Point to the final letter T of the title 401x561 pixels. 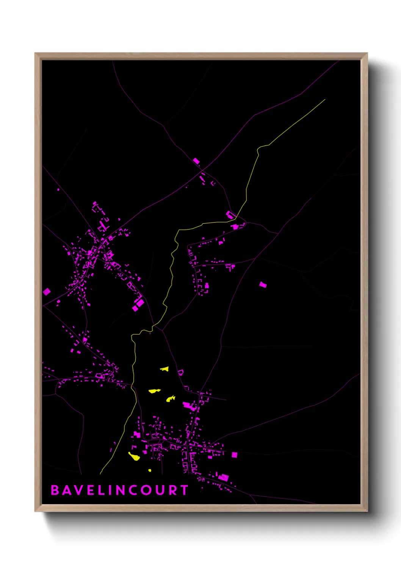click(184, 490)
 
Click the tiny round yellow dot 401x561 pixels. click(150, 470)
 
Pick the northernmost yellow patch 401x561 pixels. click(164, 368)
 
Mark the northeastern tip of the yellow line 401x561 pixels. click(325, 100)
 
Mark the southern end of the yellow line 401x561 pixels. click(100, 474)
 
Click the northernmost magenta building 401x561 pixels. click(196, 161)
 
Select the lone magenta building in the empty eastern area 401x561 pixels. click(263, 284)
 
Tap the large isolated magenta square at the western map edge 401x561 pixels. click(47, 291)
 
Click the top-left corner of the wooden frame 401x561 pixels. click(35, 53)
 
